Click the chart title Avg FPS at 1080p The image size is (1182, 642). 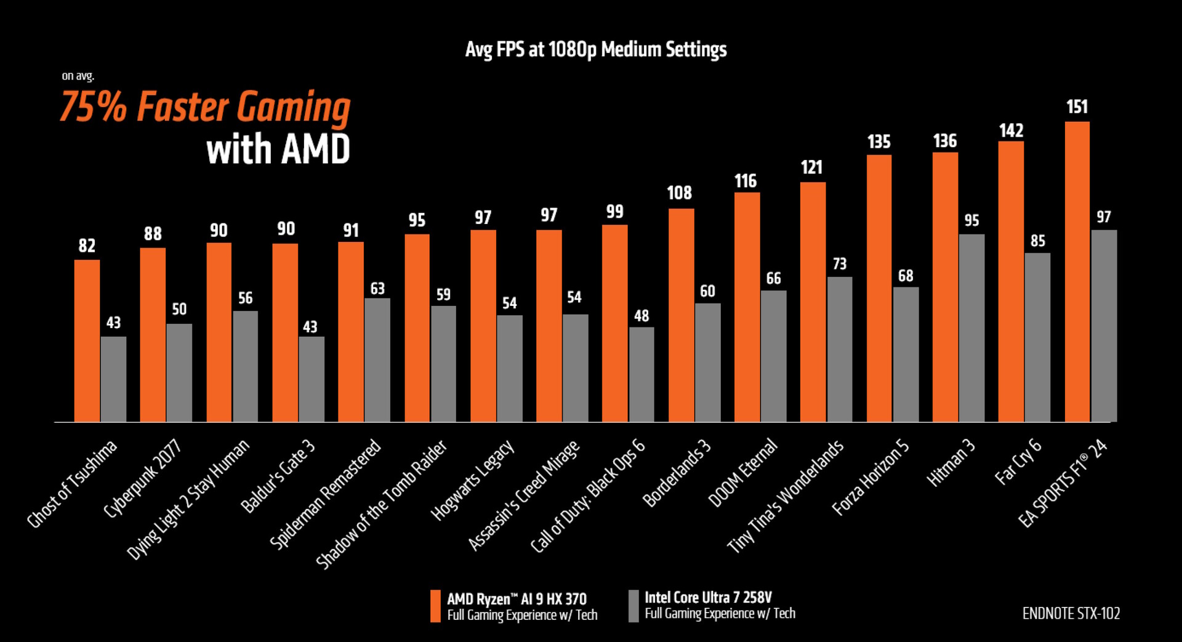595,49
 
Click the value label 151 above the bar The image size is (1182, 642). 1077,107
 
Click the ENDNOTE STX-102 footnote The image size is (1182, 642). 1071,614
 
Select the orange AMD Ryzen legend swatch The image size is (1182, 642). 435,606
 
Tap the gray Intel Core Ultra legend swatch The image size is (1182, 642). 633,606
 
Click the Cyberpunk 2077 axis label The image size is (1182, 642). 142,478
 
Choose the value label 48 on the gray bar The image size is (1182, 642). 641,316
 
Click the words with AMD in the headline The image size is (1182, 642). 278,150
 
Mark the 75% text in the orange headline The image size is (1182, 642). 93,107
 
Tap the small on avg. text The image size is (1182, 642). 78,76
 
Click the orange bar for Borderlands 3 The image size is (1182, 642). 681,315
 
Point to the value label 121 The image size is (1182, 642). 811,167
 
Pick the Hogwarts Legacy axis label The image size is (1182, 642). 472,480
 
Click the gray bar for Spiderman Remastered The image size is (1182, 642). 377,360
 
